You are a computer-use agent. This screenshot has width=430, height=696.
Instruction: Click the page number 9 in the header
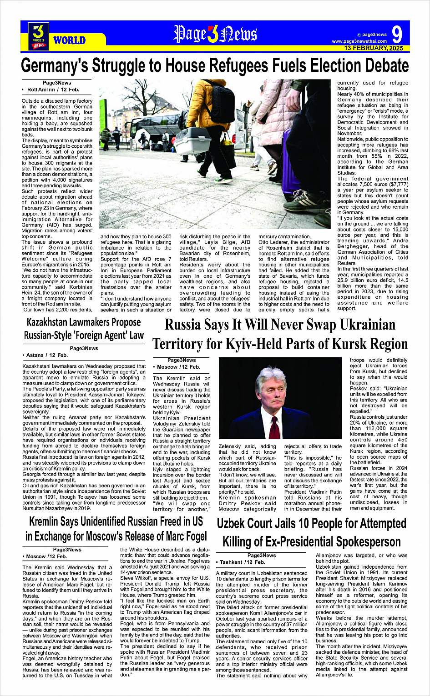397,35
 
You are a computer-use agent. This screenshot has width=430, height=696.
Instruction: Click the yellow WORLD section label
69,40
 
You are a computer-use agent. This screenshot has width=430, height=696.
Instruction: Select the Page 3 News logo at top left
38,36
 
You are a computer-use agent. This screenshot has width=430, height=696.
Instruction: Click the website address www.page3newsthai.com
359,41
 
